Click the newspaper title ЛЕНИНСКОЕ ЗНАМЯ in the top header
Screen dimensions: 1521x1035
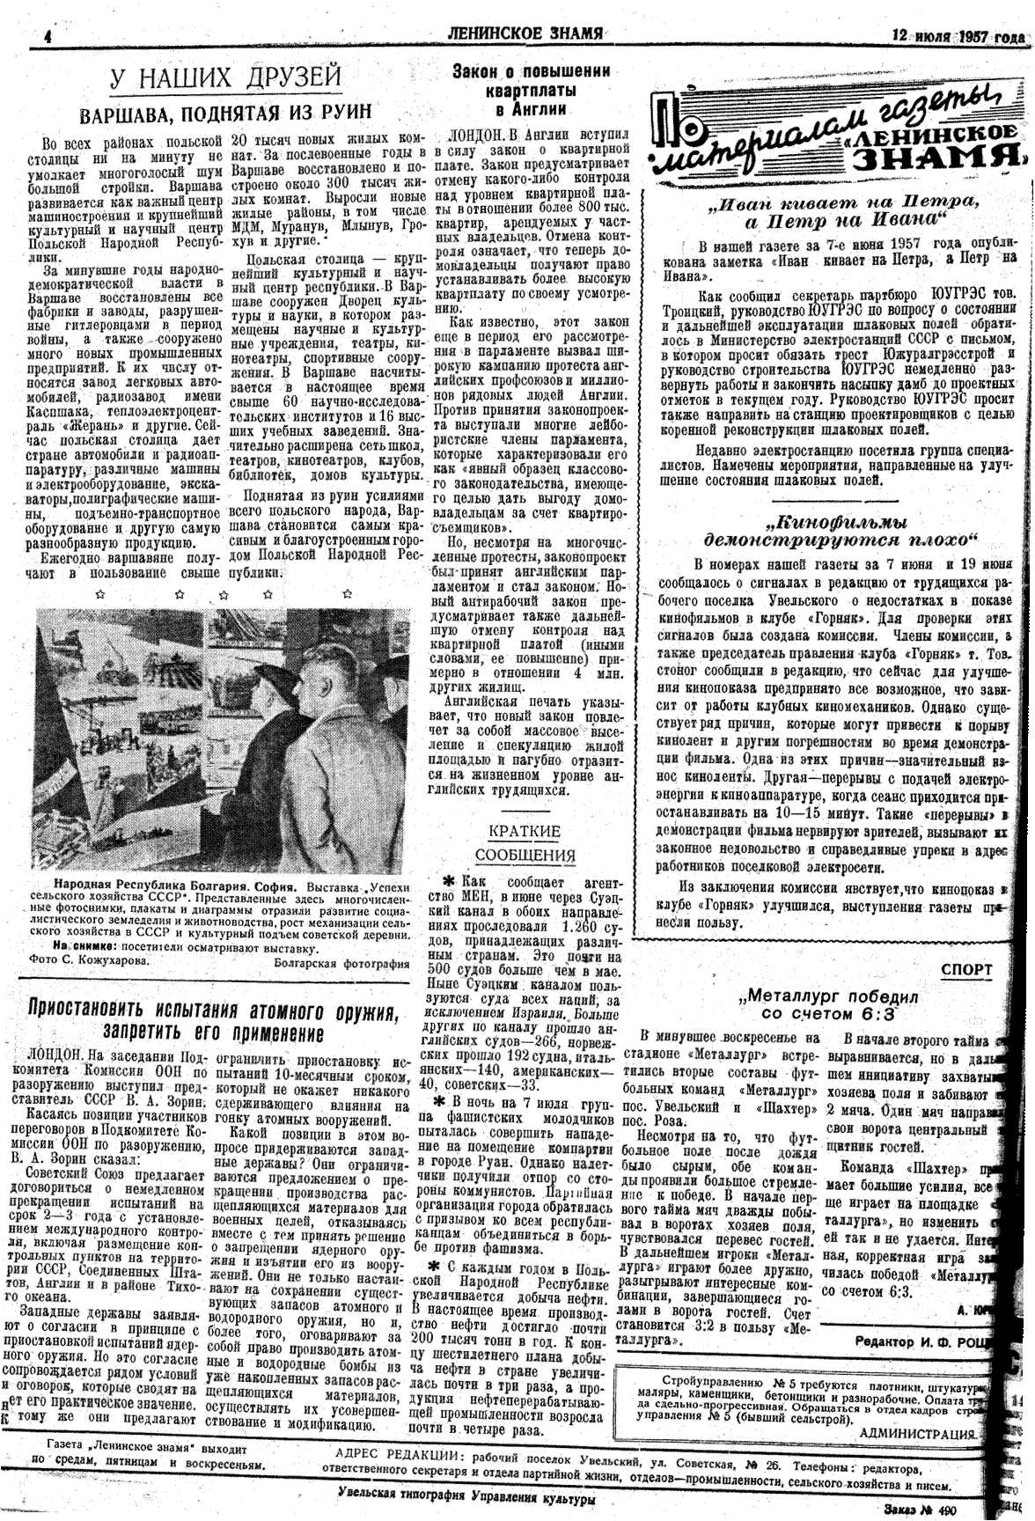525,34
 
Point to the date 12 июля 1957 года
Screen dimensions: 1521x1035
958,37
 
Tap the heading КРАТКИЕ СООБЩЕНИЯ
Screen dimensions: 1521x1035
525,843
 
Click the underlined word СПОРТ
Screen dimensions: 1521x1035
966,970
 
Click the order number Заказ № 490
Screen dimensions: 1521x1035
955,1510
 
